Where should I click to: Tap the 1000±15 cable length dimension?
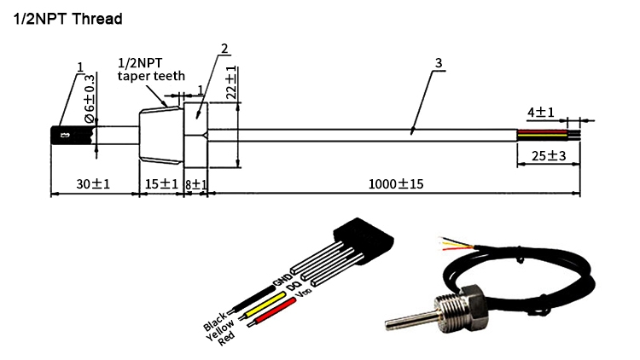pyautogui.click(x=396, y=183)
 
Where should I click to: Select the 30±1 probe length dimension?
pyautogui.click(x=94, y=183)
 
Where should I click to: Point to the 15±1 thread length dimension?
pyautogui.click(x=161, y=183)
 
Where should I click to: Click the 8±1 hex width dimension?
pyautogui.click(x=197, y=183)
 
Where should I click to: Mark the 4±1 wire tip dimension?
pyautogui.click(x=541, y=112)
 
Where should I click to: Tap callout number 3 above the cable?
pyautogui.click(x=438, y=64)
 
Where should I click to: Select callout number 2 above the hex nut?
pyautogui.click(x=224, y=49)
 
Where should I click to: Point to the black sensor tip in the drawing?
pyautogui.click(x=72, y=135)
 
